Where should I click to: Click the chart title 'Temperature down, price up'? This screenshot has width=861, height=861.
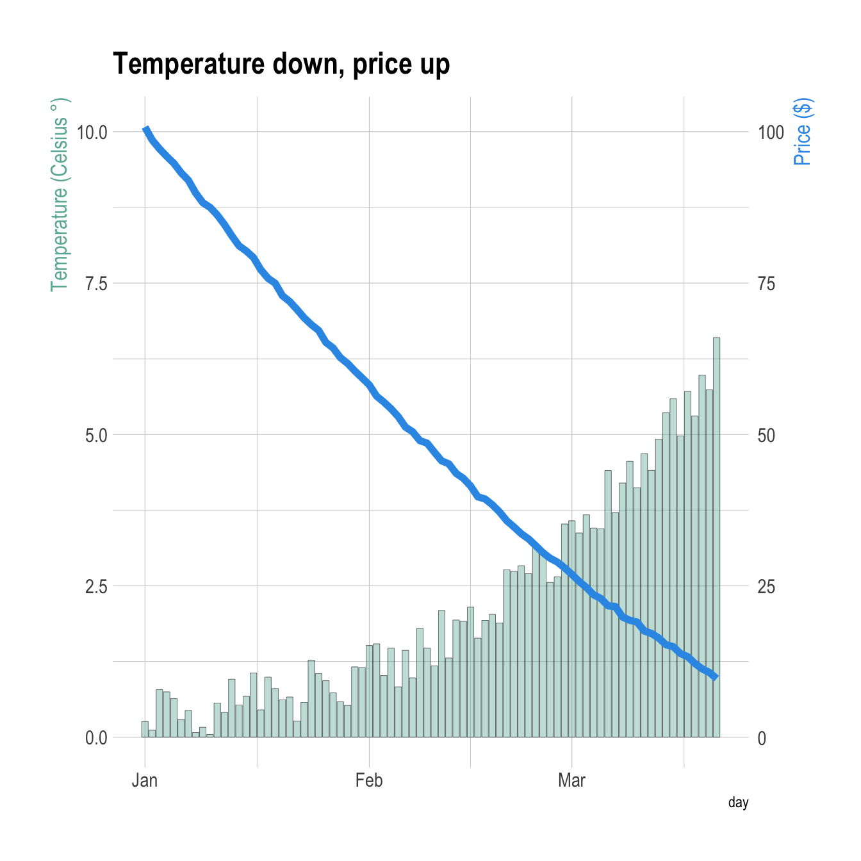281,64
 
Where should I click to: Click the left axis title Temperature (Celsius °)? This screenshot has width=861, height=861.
59,195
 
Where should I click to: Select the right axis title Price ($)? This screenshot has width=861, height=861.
802,131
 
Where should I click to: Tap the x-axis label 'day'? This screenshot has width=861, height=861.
738,803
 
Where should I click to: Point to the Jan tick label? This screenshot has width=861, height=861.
145,780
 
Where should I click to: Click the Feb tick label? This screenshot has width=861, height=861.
368,780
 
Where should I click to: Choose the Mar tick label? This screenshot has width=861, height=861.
571,780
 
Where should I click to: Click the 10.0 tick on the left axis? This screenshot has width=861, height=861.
92,133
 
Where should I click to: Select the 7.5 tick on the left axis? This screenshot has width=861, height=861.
96,284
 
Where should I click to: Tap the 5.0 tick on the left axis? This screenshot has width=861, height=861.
96,436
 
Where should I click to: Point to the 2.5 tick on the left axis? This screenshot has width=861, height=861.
96,587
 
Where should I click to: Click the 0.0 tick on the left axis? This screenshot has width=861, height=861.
96,738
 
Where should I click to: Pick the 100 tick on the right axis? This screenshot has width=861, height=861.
771,133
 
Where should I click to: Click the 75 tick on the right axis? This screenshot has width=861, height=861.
766,284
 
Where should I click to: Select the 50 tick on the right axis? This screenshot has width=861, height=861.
766,436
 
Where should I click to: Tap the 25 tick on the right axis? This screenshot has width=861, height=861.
766,587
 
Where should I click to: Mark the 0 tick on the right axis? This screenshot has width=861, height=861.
762,738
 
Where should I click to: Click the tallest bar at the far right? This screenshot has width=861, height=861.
716,538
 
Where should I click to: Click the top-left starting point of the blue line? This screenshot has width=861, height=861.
146,129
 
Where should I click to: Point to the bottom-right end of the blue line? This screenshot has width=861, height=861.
716,677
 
